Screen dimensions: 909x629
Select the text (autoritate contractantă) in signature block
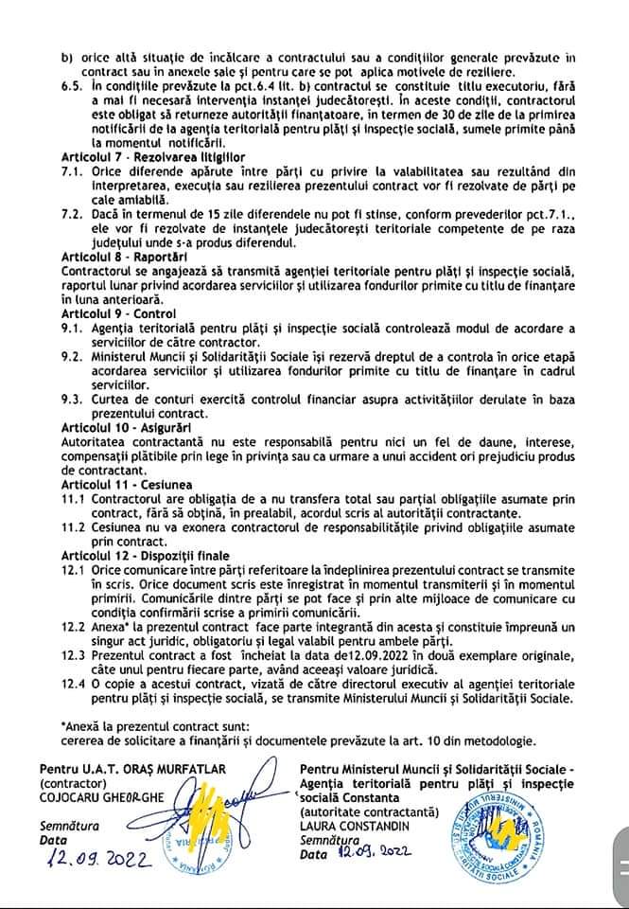(368, 811)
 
